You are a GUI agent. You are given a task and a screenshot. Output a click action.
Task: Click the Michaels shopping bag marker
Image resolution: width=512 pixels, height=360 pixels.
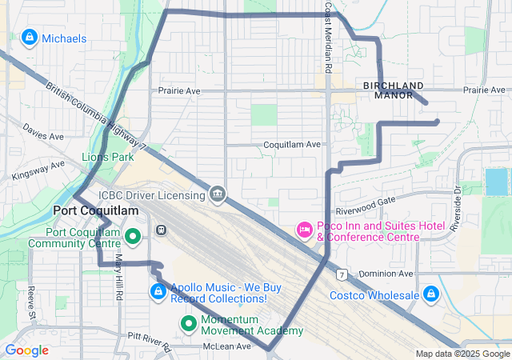click(30, 38)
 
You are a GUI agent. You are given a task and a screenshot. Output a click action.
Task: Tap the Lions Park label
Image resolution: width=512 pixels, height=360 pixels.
click(107, 158)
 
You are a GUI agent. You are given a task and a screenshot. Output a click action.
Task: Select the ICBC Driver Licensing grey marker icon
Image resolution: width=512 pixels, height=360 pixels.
click(217, 194)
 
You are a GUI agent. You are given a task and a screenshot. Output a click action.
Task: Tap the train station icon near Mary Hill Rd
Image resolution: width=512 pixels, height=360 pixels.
click(161, 230)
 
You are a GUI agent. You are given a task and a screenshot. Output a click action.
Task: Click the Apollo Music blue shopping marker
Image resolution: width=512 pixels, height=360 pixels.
click(158, 293)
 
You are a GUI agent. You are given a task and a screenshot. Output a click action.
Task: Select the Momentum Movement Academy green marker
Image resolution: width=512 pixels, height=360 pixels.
click(189, 323)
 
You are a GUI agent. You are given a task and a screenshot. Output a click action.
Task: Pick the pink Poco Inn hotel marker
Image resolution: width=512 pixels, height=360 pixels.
click(304, 230)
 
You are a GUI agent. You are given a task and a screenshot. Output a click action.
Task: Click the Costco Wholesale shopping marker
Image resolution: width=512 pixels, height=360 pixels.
click(431, 294)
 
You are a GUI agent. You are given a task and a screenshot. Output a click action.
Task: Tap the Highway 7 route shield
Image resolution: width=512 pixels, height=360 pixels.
click(342, 275)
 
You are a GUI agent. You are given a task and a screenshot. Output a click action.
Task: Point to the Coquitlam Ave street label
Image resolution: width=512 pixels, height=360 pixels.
click(292, 145)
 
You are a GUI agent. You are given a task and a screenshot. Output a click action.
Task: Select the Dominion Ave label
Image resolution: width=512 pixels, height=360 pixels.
click(386, 274)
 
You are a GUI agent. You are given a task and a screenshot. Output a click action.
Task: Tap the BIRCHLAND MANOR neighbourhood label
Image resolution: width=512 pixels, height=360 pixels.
click(393, 90)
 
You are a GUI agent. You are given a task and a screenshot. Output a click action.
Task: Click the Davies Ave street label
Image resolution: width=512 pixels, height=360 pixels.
click(42, 131)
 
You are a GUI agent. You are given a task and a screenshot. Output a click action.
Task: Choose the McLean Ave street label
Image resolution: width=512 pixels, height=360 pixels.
click(228, 346)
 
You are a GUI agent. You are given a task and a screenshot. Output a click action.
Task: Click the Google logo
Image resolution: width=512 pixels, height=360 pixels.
click(27, 350)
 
